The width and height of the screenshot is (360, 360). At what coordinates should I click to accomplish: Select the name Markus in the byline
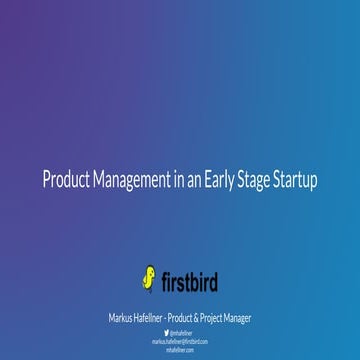124,317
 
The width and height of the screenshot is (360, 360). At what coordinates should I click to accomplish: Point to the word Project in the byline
227,317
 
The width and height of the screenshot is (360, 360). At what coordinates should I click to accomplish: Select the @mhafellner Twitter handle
183,330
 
